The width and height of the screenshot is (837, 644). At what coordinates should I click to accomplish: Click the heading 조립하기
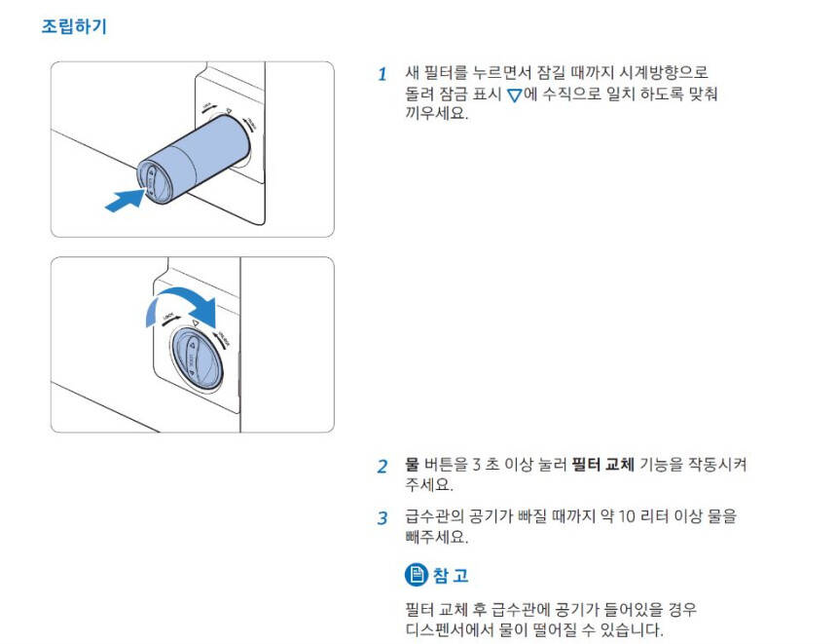click(x=74, y=25)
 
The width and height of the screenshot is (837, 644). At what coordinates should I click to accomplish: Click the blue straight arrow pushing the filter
click(x=125, y=201)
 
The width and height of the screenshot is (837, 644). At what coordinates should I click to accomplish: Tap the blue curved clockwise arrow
click(x=181, y=304)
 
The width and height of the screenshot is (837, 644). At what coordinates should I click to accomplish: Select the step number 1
click(x=382, y=74)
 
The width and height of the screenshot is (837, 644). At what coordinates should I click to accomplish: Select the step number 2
click(x=382, y=466)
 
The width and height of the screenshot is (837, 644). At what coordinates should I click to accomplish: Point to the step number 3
click(x=382, y=518)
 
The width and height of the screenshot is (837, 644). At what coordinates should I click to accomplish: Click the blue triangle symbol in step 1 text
click(x=514, y=95)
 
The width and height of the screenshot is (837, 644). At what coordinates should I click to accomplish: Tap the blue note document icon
click(x=417, y=575)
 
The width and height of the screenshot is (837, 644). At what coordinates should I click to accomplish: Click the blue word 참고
click(x=451, y=575)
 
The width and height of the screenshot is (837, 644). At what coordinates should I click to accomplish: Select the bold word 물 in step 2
click(x=412, y=464)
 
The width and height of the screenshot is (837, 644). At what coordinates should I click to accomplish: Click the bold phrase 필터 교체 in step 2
click(x=602, y=464)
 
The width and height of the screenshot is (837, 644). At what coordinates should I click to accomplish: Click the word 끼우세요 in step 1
click(x=436, y=113)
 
